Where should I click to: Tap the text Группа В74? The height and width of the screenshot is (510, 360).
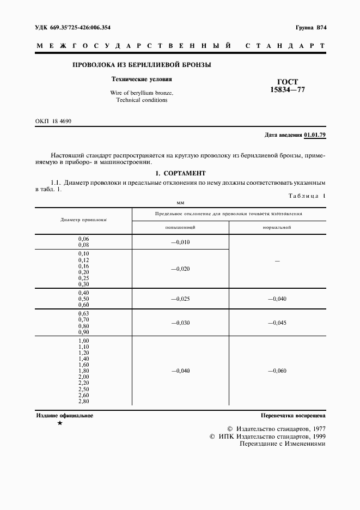(310, 27)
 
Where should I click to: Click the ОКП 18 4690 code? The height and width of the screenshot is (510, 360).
(53, 121)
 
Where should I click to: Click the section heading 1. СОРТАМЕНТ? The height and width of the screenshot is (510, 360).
(180, 173)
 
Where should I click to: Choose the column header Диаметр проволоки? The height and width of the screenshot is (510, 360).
(83, 220)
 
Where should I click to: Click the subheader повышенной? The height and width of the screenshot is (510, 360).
(180, 227)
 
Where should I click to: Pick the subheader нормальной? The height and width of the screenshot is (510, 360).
(277, 227)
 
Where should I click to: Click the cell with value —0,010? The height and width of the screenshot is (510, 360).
(180, 242)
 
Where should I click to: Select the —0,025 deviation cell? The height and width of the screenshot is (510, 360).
(180, 299)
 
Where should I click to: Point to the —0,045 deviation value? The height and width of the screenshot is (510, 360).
(277, 323)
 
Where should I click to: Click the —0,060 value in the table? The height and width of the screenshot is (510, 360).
(277, 371)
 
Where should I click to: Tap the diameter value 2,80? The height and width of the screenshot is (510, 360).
(83, 401)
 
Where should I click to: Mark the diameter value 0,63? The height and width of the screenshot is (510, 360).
(83, 314)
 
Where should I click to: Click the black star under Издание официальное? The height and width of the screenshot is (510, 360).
(59, 423)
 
